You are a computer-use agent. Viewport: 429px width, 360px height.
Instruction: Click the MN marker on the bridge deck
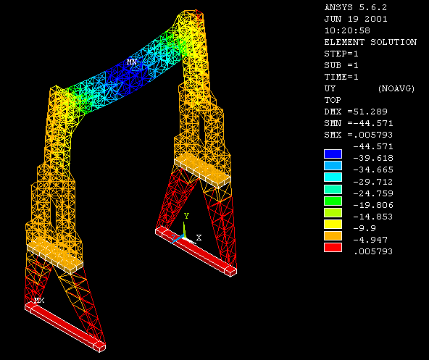pyautogui.click(x=132, y=62)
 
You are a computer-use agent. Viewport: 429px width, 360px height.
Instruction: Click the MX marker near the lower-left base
pyautogui.click(x=39, y=301)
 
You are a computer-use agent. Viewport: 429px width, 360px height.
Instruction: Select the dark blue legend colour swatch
pyautogui.click(x=333, y=154)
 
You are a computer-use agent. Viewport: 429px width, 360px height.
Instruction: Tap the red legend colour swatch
pyautogui.click(x=333, y=247)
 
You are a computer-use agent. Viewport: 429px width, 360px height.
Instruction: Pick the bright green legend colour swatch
pyautogui.click(x=333, y=201)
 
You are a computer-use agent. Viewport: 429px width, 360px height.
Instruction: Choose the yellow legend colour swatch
pyautogui.click(x=333, y=225)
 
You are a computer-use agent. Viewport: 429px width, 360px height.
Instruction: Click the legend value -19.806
pyautogui.click(x=373, y=205)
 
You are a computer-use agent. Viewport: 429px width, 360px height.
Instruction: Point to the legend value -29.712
pyautogui.click(x=373, y=182)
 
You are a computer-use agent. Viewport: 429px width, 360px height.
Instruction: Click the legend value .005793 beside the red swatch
pyautogui.click(x=373, y=251)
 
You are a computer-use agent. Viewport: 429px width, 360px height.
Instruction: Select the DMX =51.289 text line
pyautogui.click(x=356, y=112)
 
